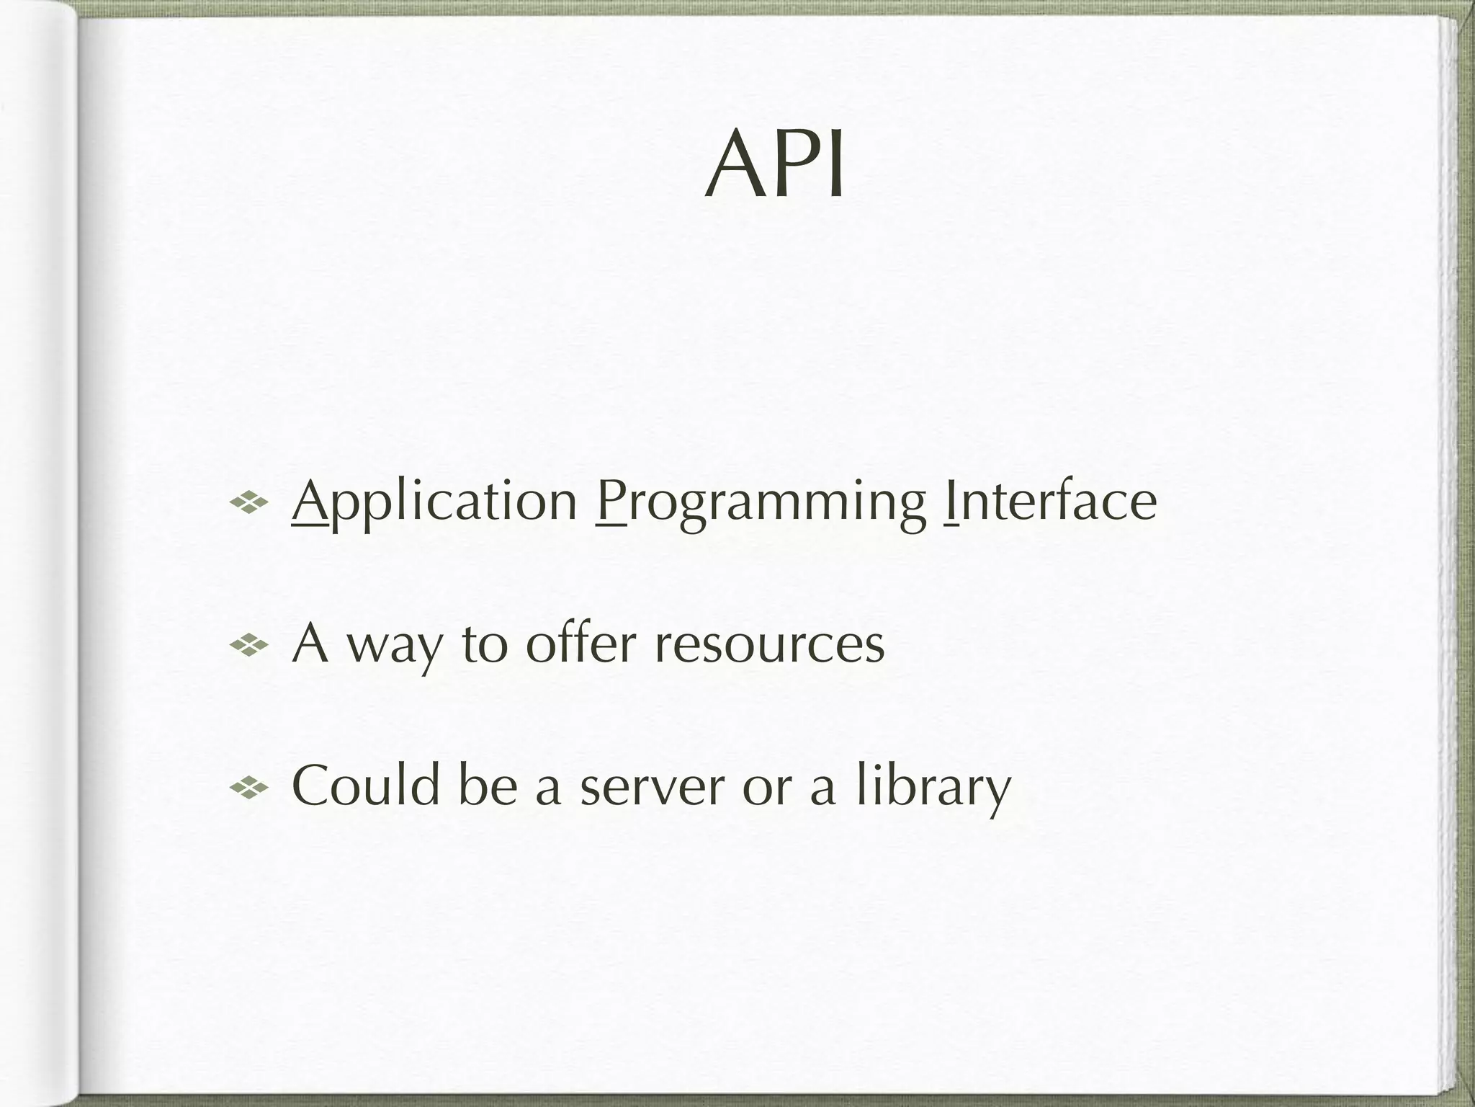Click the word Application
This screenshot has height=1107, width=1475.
coord(434,502)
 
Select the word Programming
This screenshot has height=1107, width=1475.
coord(762,502)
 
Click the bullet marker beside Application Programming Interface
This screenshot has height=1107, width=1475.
coord(248,502)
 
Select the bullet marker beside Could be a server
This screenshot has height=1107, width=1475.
coord(248,786)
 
